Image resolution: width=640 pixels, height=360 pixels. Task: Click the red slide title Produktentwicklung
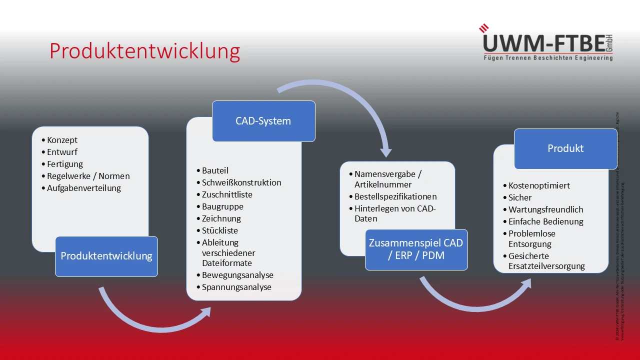coord(144,51)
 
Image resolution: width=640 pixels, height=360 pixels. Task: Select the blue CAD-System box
coord(263,121)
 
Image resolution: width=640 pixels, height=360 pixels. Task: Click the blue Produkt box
coord(565,148)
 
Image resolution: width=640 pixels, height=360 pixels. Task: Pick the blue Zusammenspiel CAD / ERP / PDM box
coord(416,249)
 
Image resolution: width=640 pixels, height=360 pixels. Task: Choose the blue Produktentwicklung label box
coord(106,256)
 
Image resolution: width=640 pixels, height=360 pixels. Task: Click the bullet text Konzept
coord(62,140)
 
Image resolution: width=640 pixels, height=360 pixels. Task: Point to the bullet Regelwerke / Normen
coord(88,176)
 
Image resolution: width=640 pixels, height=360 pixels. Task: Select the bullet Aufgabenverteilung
coord(84,188)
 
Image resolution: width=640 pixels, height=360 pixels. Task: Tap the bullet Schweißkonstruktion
coord(241,182)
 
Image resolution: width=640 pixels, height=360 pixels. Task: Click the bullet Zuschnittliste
coord(227,194)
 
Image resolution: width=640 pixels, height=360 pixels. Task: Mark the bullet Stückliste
coord(220,230)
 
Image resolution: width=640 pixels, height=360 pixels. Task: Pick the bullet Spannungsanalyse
coord(236,287)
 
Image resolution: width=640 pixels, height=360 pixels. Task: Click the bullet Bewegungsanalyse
coord(237,275)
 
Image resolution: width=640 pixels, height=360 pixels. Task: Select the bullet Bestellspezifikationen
coord(395,196)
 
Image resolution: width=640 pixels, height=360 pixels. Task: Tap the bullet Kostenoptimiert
coord(539,185)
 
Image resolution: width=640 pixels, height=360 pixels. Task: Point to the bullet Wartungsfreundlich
coord(546,209)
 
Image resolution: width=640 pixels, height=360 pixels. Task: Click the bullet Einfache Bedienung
coord(546,221)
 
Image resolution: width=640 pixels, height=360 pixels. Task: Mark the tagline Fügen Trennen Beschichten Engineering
coord(547,58)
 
